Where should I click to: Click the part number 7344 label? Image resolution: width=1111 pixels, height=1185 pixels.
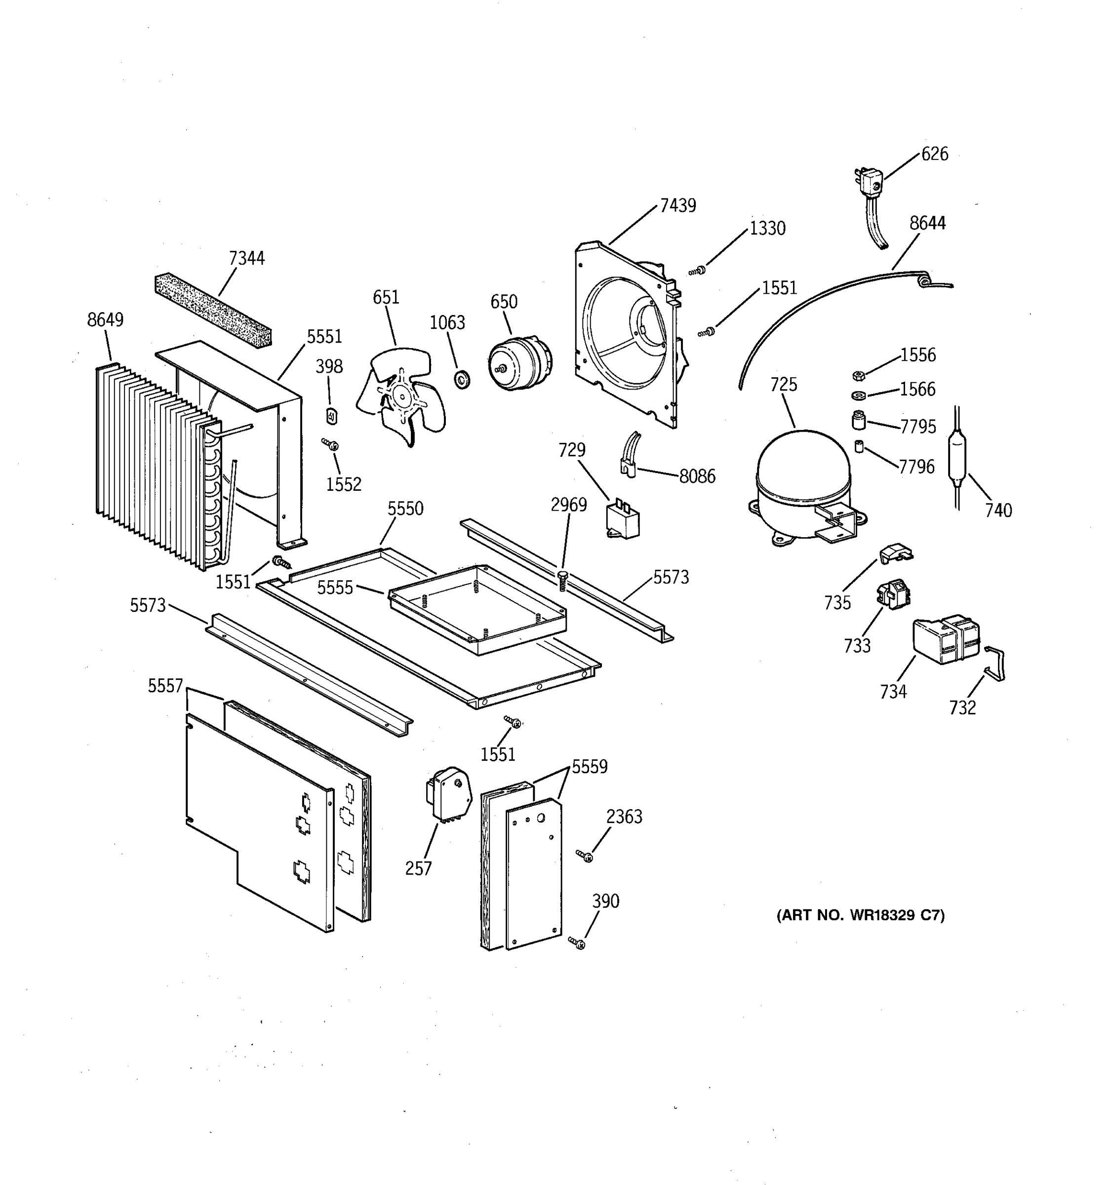coord(246,258)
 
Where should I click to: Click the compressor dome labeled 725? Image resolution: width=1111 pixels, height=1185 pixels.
coord(802,471)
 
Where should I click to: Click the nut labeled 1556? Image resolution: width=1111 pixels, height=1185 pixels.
coord(858,376)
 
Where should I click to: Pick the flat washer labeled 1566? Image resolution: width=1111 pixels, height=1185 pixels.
coord(859,396)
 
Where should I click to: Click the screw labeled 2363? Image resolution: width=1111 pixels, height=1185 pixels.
coord(585,856)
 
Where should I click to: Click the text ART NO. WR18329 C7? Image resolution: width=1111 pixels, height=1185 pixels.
coord(860,915)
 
